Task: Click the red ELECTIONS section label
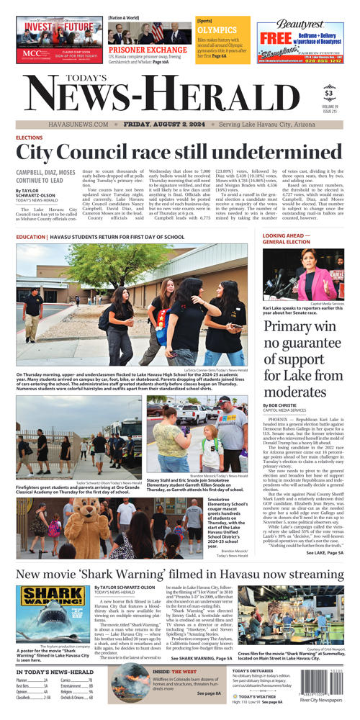click(x=30, y=138)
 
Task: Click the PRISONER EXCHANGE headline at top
click(x=139, y=50)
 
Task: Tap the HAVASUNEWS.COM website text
click(x=78, y=124)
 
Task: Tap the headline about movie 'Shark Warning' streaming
click(x=180, y=574)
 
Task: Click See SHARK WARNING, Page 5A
click(x=202, y=658)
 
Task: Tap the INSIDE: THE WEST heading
click(x=171, y=672)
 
